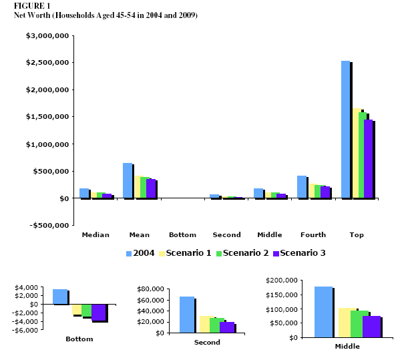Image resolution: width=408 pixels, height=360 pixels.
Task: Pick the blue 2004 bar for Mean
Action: click(128, 180)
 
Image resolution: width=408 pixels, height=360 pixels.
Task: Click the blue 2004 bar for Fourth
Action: click(302, 187)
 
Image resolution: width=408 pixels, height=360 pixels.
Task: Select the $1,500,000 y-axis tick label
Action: click(46, 116)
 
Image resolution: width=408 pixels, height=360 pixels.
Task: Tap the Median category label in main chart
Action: click(95, 235)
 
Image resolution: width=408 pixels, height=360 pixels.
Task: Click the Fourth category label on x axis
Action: click(313, 235)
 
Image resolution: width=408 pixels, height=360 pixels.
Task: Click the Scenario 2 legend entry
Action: click(244, 253)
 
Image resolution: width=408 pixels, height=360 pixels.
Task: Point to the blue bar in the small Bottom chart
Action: click(60, 297)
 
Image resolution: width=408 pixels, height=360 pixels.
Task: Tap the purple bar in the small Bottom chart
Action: click(99, 312)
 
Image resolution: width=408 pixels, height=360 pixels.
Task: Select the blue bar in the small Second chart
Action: click(187, 315)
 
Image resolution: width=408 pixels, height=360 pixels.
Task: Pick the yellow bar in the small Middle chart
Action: click(346, 322)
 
